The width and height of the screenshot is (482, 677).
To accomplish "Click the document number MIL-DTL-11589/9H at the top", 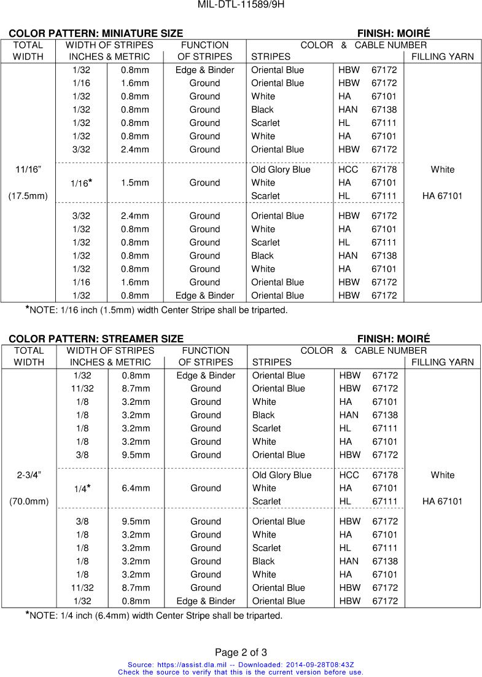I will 241,5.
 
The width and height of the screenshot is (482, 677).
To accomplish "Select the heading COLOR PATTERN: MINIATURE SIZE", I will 96,33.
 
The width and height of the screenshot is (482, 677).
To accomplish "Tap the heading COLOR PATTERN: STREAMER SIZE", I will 96,338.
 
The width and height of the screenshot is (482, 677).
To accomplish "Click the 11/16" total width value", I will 28,170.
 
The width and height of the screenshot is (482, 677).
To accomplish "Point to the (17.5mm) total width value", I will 28,196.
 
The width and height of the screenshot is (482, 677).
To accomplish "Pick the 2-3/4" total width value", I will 29,475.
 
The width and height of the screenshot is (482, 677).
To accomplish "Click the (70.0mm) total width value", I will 29,501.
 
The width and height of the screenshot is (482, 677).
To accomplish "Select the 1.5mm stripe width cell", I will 135,182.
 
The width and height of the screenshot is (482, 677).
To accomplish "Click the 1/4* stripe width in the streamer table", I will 82,488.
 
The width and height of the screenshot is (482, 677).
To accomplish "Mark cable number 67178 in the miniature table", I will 384,170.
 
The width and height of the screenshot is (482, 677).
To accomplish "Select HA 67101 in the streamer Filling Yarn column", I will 443,501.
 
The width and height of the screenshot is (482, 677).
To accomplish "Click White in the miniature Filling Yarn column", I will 443,170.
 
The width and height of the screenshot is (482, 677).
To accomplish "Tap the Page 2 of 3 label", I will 241,652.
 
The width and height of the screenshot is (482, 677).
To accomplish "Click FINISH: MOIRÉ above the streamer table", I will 394,338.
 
